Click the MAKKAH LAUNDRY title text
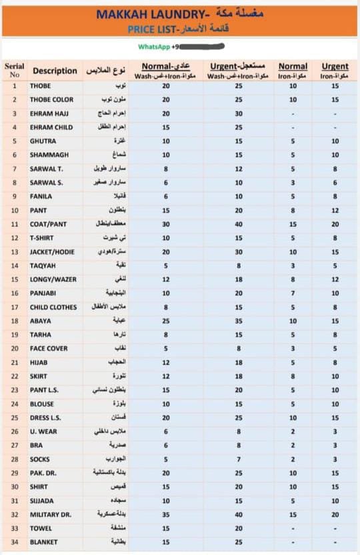tap(142, 13)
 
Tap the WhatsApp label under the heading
tap(153, 47)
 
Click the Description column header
tap(55, 71)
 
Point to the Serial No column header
tap(14, 71)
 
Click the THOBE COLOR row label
tap(51, 99)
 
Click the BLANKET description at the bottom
tap(44, 542)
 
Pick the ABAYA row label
tap(41, 321)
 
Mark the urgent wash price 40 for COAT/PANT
tap(239, 224)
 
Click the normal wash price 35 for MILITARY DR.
tap(166, 514)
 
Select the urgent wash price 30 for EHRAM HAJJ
tap(239, 113)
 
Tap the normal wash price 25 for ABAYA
tap(166, 321)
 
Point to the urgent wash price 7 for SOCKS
tap(239, 459)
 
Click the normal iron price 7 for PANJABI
tap(293, 293)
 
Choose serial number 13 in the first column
tap(14, 251)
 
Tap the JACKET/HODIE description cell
tap(52, 251)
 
